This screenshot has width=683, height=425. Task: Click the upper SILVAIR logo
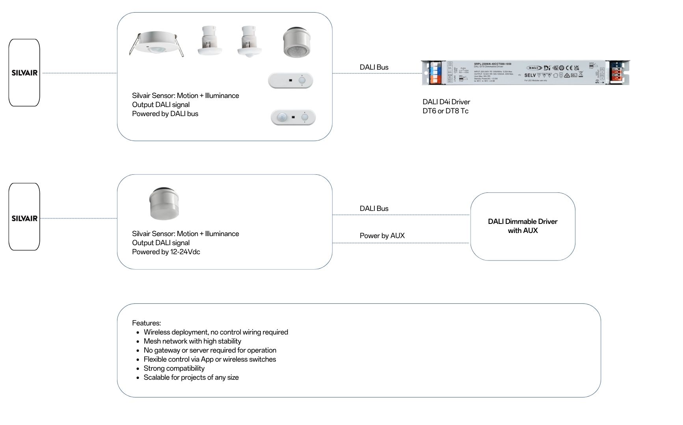(x=24, y=73)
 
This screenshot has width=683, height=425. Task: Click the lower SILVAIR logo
(x=24, y=218)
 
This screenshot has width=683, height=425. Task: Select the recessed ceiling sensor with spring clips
(x=156, y=44)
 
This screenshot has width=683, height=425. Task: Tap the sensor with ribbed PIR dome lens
(x=297, y=42)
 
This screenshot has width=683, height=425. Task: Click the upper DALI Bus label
(x=374, y=67)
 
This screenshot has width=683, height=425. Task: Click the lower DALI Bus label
(x=374, y=209)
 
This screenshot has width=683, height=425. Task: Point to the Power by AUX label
(x=382, y=236)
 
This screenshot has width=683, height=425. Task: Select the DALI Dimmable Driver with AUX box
(x=522, y=226)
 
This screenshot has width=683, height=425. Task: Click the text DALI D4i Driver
(x=446, y=102)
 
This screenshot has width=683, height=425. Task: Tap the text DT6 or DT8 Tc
(x=445, y=111)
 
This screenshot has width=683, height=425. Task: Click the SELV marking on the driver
(x=530, y=75)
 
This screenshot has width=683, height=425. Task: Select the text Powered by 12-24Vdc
(x=166, y=252)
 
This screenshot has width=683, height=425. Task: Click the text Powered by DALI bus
(x=165, y=114)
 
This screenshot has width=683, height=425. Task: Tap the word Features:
(x=146, y=323)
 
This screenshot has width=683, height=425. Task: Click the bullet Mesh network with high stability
(x=192, y=341)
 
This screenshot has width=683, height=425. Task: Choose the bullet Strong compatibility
(x=174, y=368)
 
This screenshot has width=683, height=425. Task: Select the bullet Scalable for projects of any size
(x=191, y=377)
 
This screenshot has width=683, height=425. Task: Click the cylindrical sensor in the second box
(x=164, y=203)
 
